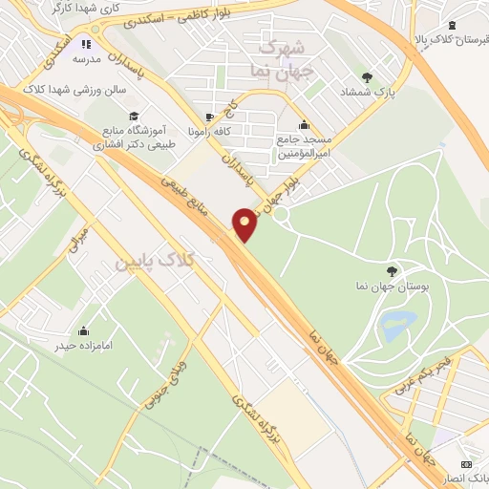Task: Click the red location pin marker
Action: tap(245, 223)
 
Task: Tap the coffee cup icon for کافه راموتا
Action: tap(211, 117)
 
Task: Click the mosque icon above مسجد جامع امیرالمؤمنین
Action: tap(304, 124)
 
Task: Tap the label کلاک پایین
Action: tap(154, 260)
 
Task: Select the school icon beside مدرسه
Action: tap(87, 43)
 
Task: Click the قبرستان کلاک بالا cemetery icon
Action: tap(453, 26)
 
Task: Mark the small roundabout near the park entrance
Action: tap(282, 215)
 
